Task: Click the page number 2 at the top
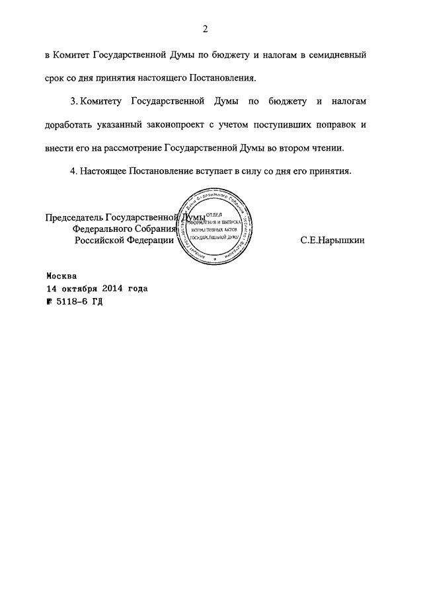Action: (206, 28)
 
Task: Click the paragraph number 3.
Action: (72, 103)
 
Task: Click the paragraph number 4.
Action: (72, 170)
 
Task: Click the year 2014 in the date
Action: (114, 289)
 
